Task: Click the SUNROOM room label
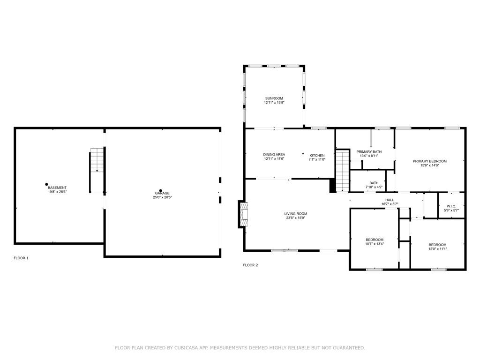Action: click(x=274, y=98)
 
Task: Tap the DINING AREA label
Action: click(x=274, y=155)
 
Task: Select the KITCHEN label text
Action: click(x=317, y=156)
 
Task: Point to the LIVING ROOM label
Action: click(x=295, y=214)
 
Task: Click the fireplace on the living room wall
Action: click(x=243, y=214)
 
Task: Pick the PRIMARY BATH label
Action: click(x=369, y=151)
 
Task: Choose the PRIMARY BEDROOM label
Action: click(x=429, y=161)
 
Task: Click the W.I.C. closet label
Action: click(x=451, y=206)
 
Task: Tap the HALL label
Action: click(x=390, y=200)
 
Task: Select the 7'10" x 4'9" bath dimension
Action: click(x=374, y=187)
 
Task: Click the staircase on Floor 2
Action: click(x=343, y=171)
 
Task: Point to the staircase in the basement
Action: click(x=97, y=160)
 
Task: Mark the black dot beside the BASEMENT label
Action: click(x=46, y=184)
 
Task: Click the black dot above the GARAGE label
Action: click(x=160, y=190)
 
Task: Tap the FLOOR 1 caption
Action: click(x=21, y=258)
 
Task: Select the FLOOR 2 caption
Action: click(x=250, y=265)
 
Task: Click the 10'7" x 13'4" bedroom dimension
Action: click(x=375, y=244)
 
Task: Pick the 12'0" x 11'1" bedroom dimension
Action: click(x=437, y=249)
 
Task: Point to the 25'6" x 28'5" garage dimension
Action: click(x=162, y=197)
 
